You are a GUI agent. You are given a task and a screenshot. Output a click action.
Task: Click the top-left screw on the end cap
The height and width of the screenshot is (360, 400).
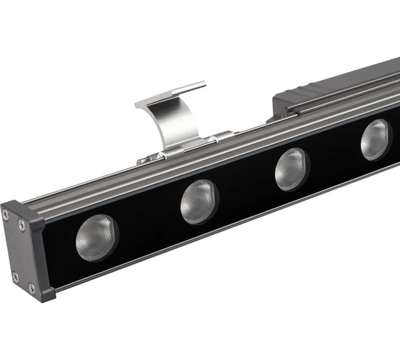coord(6,214)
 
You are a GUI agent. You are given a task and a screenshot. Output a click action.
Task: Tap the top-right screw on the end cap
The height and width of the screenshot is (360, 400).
coord(21,224)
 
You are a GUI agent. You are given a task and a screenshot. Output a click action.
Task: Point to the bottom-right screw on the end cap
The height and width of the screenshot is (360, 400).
coord(31,288)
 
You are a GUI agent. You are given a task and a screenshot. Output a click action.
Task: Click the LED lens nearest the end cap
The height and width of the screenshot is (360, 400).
coord(96,236)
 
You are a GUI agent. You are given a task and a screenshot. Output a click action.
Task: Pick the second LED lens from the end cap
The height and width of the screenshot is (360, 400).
coord(199,201)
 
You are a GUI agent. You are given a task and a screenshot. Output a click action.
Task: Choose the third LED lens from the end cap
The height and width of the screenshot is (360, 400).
coord(291,169)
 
